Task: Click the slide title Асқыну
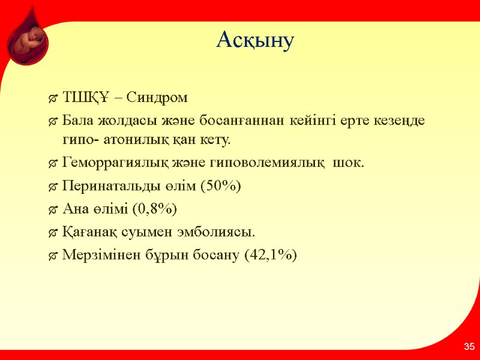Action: click(x=255, y=40)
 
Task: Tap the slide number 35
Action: click(x=469, y=347)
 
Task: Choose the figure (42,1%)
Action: click(x=270, y=254)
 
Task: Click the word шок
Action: click(x=347, y=164)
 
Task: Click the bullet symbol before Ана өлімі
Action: click(x=53, y=209)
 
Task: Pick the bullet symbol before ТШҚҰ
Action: click(x=53, y=98)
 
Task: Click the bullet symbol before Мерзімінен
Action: click(x=53, y=255)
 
